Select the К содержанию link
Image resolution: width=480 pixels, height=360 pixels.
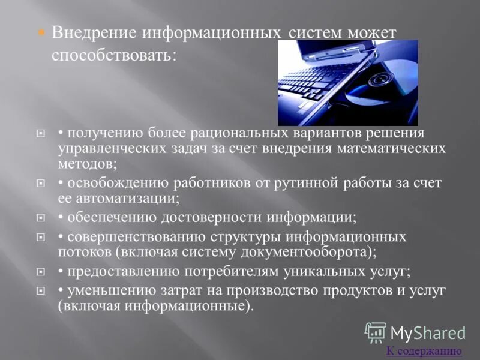coord(424,351)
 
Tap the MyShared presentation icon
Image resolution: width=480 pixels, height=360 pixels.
coord(376,332)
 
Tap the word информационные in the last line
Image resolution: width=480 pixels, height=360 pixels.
coord(184,305)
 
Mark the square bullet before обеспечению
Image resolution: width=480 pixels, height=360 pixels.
coord(41,218)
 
